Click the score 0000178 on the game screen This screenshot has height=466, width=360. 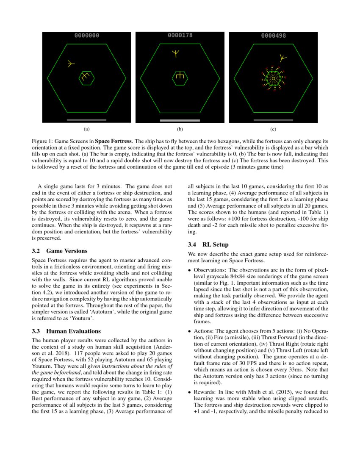pyautogui.click(x=180, y=36)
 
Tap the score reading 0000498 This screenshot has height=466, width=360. pyautogui.click(x=274, y=36)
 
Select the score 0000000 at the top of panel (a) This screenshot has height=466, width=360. pyautogui.click(x=87, y=36)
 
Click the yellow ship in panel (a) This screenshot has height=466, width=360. pyautogui.click(x=71, y=64)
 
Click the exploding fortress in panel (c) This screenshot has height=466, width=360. pyautogui.click(x=274, y=78)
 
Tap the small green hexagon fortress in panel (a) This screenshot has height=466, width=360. pyautogui.click(x=86, y=78)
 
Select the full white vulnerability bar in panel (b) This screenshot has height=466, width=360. pyautogui.click(x=180, y=120)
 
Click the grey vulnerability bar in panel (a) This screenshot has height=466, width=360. pyautogui.click(x=86, y=120)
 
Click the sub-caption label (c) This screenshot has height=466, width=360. pyautogui.click(x=273, y=129)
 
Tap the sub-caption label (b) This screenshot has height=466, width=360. pyautogui.click(x=180, y=129)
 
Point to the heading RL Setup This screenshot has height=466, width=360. pyautogui.click(x=215, y=244)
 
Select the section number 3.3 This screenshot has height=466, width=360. pyautogui.click(x=36, y=330)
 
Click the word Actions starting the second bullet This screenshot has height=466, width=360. pyautogui.click(x=203, y=331)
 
